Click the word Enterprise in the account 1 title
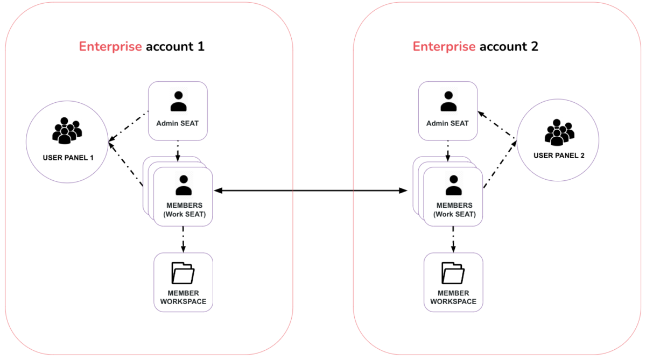click(x=110, y=46)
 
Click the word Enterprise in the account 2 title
click(x=444, y=46)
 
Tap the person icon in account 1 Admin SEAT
click(x=178, y=101)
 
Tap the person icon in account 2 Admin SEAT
click(x=448, y=101)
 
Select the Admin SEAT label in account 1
click(x=178, y=123)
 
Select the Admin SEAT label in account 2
click(x=448, y=123)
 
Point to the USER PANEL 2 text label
click(x=559, y=156)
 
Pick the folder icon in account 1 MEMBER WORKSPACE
click(x=183, y=273)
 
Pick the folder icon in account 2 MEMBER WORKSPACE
click(x=453, y=273)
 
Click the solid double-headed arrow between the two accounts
click(x=310, y=190)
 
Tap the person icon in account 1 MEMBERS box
click(x=184, y=185)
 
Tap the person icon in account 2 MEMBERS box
click(x=453, y=185)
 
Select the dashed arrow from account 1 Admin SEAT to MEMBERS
click(x=178, y=151)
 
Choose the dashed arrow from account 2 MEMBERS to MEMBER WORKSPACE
click(x=453, y=239)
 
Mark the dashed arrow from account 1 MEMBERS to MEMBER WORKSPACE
click(x=184, y=239)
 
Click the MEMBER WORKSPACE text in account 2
click(x=453, y=298)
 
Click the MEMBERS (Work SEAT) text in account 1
click(x=184, y=210)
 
